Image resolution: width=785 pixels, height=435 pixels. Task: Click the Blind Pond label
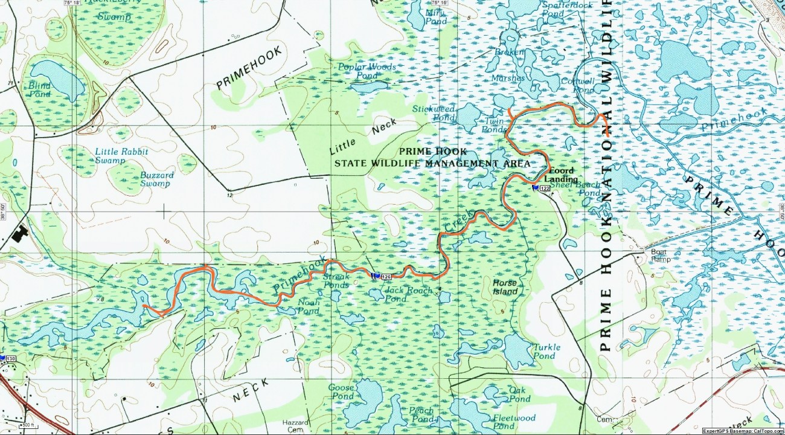pyautogui.click(x=39, y=90)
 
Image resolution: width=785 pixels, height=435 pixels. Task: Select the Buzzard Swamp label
pyautogui.click(x=156, y=179)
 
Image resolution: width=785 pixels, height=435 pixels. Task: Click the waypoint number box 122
pyautogui.click(x=545, y=189)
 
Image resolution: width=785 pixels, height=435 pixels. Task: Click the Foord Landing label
pyautogui.click(x=561, y=175)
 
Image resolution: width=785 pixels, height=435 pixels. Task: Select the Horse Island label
pyautogui.click(x=505, y=287)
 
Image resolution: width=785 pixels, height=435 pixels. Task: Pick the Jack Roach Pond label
pyautogui.click(x=408, y=294)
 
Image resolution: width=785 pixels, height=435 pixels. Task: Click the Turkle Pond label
pyautogui.click(x=546, y=351)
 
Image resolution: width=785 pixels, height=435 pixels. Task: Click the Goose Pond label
pyautogui.click(x=341, y=391)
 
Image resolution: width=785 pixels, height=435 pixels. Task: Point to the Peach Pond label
pyautogui.click(x=421, y=414)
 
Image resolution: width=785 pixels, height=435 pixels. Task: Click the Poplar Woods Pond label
pyautogui.click(x=367, y=71)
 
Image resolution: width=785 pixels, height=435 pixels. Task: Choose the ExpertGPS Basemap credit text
pyautogui.click(x=743, y=431)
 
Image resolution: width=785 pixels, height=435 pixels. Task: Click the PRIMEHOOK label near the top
pyautogui.click(x=248, y=68)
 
